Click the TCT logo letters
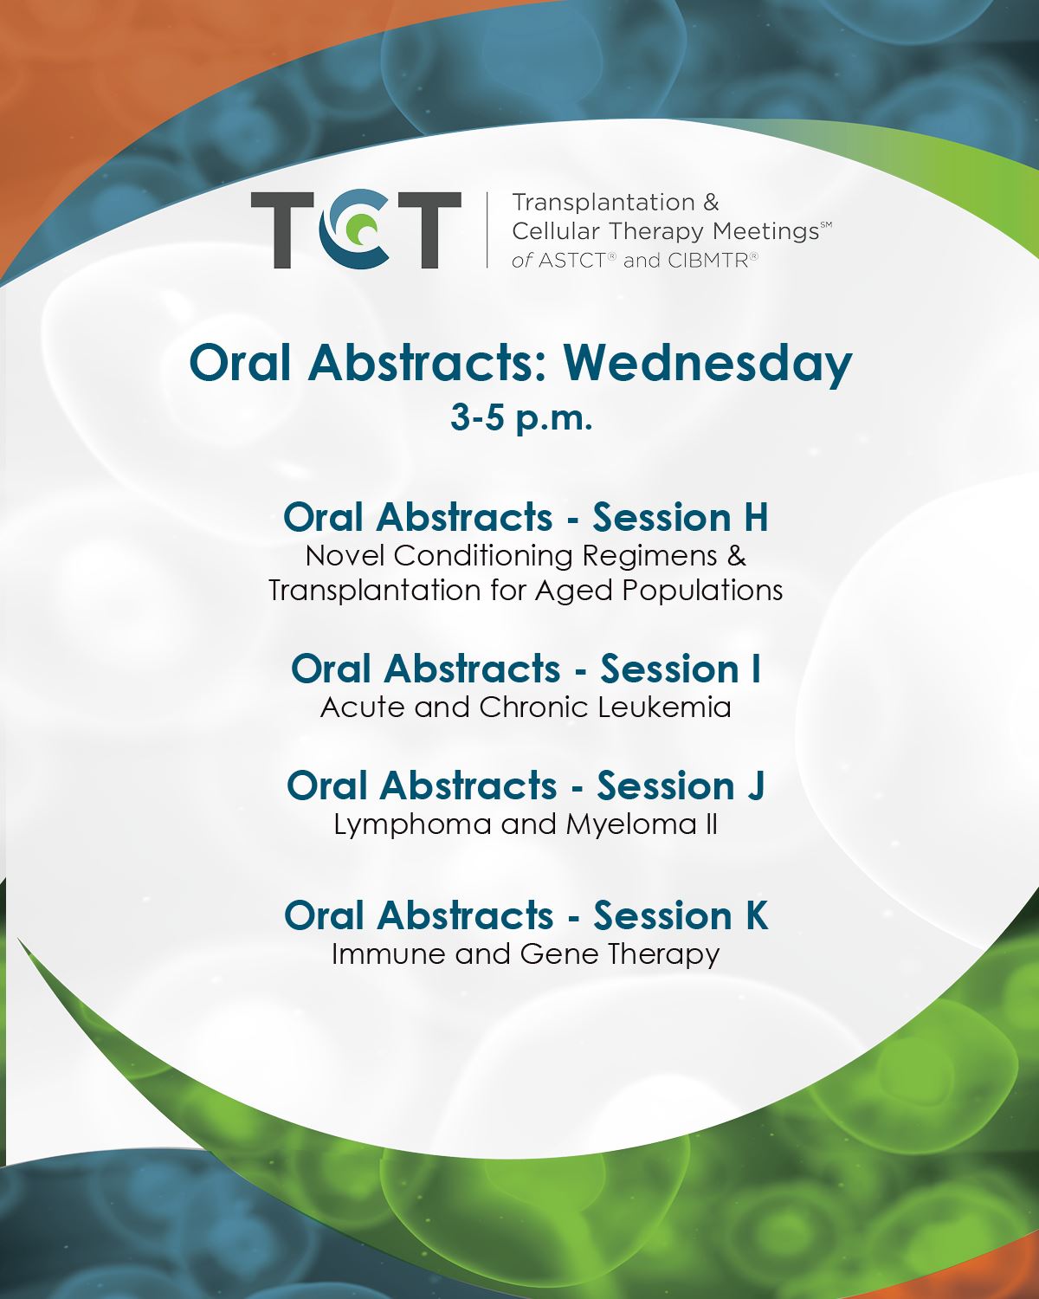coord(356,229)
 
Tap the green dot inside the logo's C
coord(366,230)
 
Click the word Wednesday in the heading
coord(707,365)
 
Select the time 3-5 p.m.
coord(521,417)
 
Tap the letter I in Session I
coord(755,669)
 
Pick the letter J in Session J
coord(755,786)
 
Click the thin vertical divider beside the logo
coord(487,229)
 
